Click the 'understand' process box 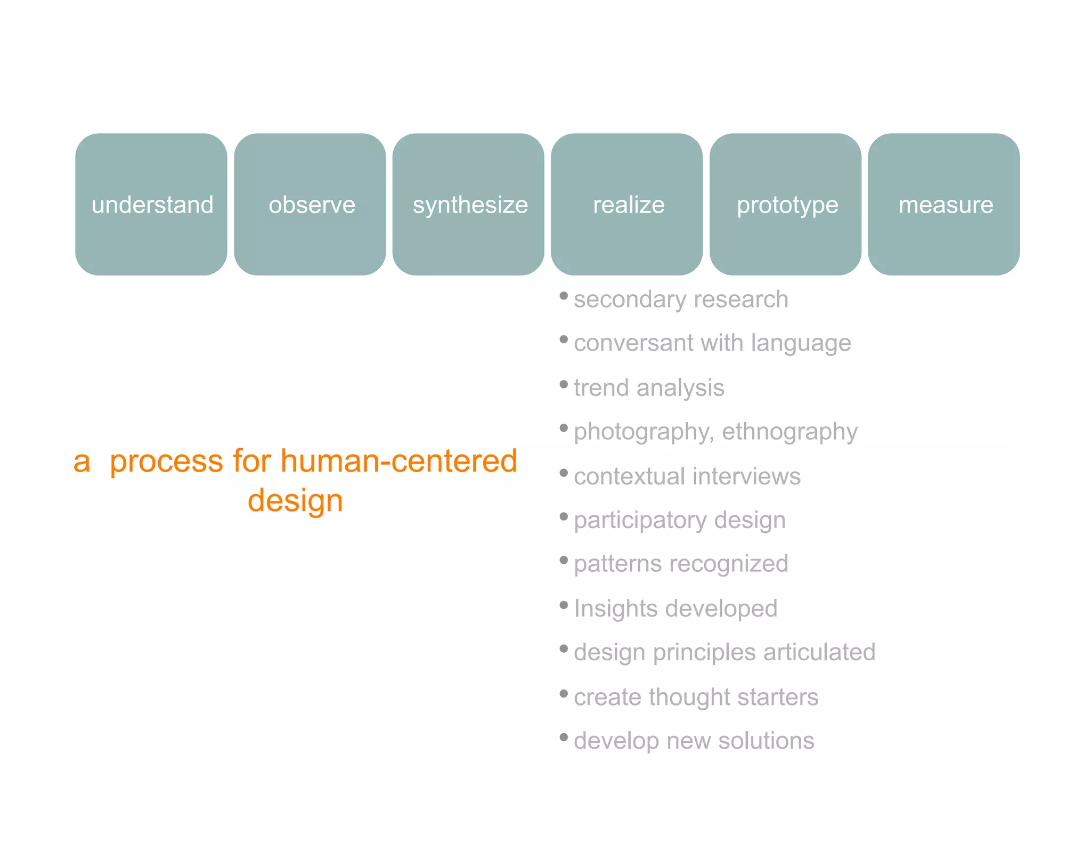(x=151, y=205)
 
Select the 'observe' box (x=310, y=205)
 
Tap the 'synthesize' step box (x=468, y=205)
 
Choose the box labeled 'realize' (x=627, y=205)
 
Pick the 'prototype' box (x=785, y=205)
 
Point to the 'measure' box (x=944, y=205)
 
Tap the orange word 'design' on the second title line (x=295, y=501)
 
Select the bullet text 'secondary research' (x=681, y=299)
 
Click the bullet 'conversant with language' (x=712, y=343)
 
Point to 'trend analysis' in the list (x=649, y=388)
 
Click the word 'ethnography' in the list (x=789, y=432)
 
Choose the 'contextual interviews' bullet (x=687, y=476)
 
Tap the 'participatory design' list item (x=680, y=520)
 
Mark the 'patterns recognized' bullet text (x=681, y=564)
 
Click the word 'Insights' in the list (x=608, y=609)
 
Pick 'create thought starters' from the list (x=696, y=697)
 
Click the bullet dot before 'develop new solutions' (x=564, y=737)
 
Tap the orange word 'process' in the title (x=166, y=461)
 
